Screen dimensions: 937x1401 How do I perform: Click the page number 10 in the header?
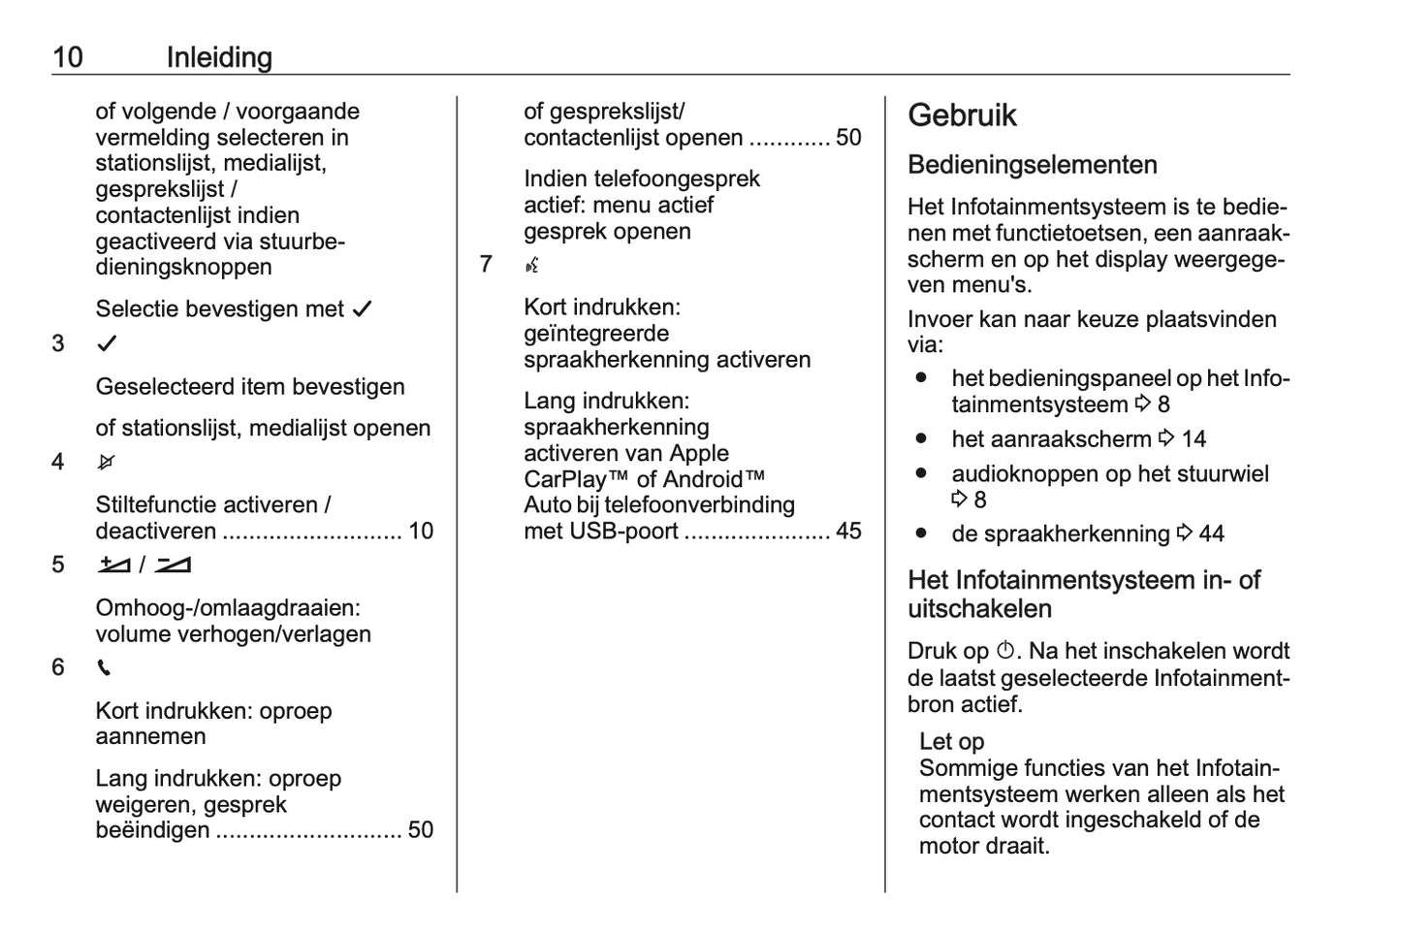pos(68,57)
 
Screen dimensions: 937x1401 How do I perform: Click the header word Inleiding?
pos(219,57)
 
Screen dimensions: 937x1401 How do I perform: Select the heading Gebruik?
pos(962,115)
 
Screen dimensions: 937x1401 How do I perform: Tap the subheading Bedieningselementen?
pos(1032,165)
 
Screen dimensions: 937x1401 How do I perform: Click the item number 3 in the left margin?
pos(58,343)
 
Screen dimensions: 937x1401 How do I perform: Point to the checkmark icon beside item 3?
pos(107,343)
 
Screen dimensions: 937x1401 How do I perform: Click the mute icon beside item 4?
pos(106,462)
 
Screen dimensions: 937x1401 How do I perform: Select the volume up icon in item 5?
pos(113,565)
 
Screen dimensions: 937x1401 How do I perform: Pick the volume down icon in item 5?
pos(173,565)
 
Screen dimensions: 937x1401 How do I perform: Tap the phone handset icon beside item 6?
pos(104,667)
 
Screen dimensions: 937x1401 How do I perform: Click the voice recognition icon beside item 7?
pos(531,265)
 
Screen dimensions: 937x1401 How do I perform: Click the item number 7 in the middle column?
pos(486,265)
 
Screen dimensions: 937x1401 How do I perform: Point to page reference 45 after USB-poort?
pos(848,531)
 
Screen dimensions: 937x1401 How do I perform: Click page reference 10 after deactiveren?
pos(421,531)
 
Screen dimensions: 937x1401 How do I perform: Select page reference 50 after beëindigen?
pos(421,829)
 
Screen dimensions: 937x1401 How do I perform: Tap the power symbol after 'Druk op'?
pos(1005,651)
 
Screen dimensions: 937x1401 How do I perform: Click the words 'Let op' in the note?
pos(951,742)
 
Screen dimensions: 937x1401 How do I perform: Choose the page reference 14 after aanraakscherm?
pos(1194,439)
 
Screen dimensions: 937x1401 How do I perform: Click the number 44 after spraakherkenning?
pos(1211,533)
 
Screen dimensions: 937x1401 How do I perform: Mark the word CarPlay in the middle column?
pos(564,479)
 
